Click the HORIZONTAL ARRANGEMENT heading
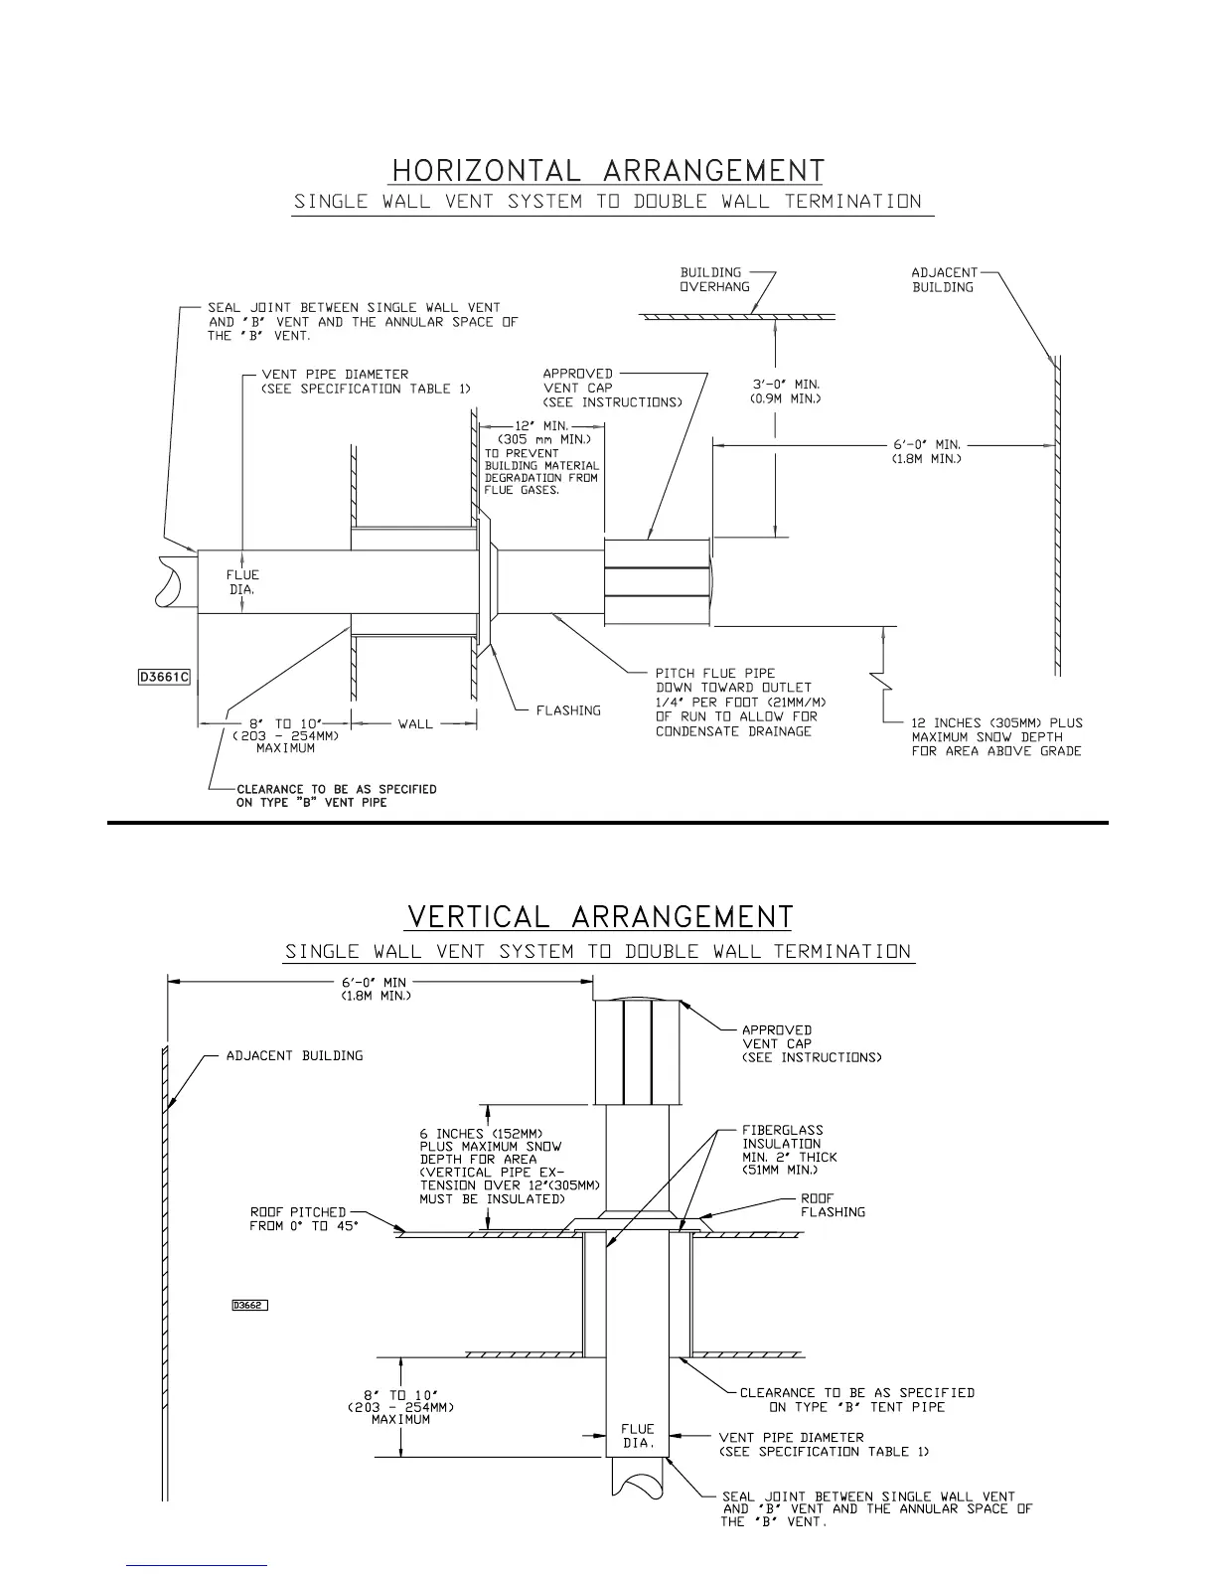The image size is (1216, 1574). pyautogui.click(x=608, y=171)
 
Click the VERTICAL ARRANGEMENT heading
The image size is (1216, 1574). pyautogui.click(x=600, y=916)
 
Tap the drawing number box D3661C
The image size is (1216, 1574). pyautogui.click(x=164, y=678)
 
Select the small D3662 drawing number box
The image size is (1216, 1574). pyautogui.click(x=249, y=1306)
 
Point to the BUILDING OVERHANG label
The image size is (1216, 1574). pyautogui.click(x=710, y=279)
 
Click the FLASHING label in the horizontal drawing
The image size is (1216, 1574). pyautogui.click(x=568, y=710)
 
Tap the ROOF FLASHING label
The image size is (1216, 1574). pyautogui.click(x=833, y=1205)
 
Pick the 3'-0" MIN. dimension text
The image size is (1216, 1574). pyautogui.click(x=785, y=384)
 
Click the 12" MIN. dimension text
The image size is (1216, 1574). pyautogui.click(x=540, y=425)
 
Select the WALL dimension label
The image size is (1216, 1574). pyautogui.click(x=415, y=723)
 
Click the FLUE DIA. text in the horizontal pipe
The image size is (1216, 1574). pyautogui.click(x=242, y=581)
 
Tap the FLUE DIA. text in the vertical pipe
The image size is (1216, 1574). pyautogui.click(x=638, y=1436)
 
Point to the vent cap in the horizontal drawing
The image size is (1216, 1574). pyautogui.click(x=658, y=581)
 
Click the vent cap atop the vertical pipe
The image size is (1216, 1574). pyautogui.click(x=638, y=1051)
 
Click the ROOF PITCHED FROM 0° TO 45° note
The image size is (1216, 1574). pyautogui.click(x=303, y=1219)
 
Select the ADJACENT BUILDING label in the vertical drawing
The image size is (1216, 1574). pyautogui.click(x=294, y=1055)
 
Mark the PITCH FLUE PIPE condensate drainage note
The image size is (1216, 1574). pyautogui.click(x=740, y=702)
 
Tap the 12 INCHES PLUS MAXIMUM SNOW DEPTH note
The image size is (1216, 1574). pyautogui.click(x=996, y=736)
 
